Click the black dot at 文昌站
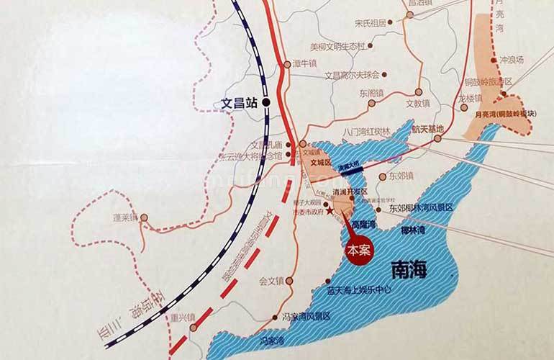(267, 103)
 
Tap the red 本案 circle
(358, 251)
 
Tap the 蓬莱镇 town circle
(143, 217)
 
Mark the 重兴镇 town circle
(192, 327)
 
